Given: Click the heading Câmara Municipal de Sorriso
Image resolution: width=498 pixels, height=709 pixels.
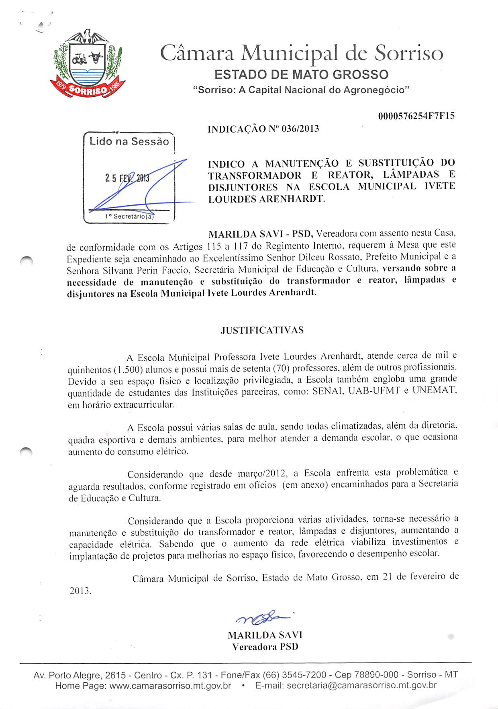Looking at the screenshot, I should (x=301, y=53).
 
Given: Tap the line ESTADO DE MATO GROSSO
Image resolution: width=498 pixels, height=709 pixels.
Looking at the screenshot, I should (x=301, y=75).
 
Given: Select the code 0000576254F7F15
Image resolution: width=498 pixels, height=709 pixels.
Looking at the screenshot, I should (x=416, y=116).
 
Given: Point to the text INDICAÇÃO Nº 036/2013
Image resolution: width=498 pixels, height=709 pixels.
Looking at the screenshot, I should (x=263, y=129).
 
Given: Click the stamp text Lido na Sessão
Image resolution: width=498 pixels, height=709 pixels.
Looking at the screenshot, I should (x=129, y=141).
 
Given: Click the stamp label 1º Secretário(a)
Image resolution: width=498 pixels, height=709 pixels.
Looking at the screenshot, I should (x=129, y=217).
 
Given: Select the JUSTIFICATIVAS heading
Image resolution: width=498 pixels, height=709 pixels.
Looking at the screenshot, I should (x=262, y=330).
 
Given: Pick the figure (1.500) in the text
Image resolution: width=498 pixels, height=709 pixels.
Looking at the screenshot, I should (x=128, y=369).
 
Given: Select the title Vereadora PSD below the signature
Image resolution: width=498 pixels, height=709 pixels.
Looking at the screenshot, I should (x=265, y=647).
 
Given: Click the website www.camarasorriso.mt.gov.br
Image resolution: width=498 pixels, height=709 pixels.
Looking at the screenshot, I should (x=170, y=686).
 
